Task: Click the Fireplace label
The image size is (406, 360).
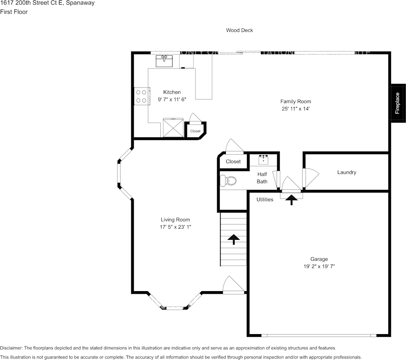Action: pos(397,103)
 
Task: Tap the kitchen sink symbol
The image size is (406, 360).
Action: pos(164,60)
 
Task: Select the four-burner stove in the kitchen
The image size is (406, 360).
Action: pos(141,96)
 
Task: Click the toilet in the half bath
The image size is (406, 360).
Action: pos(229,180)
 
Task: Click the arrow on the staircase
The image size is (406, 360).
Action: pos(233,239)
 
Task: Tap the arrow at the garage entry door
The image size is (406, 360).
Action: pos(292,200)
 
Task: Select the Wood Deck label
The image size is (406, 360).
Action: pos(239,30)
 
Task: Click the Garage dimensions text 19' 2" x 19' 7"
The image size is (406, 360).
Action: pos(319,267)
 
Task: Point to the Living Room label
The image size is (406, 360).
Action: pos(175,220)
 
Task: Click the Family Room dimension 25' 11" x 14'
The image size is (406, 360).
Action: pos(296,109)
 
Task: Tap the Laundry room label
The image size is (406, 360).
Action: pos(347,172)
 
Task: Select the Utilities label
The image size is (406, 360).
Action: pos(265,199)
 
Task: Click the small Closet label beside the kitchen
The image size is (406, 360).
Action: pos(195,131)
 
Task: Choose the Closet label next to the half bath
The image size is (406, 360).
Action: pos(233,161)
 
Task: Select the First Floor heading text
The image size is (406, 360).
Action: pos(14,12)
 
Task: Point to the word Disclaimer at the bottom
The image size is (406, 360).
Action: pos(11,348)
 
